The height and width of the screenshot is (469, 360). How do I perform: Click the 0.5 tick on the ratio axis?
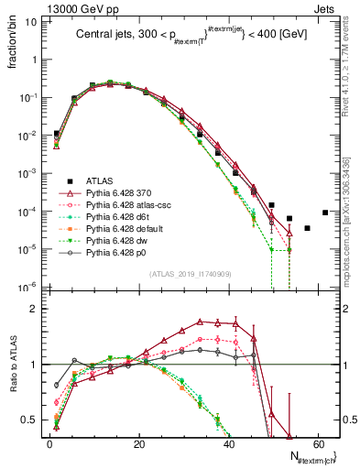pyautogui.click(x=32, y=420)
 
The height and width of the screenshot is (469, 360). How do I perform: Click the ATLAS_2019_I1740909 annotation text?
pyautogui.click(x=190, y=274)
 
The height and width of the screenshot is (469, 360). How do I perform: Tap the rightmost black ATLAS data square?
pyautogui.click(x=324, y=213)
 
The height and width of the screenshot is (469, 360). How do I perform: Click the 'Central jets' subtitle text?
pyautogui.click(x=194, y=37)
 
